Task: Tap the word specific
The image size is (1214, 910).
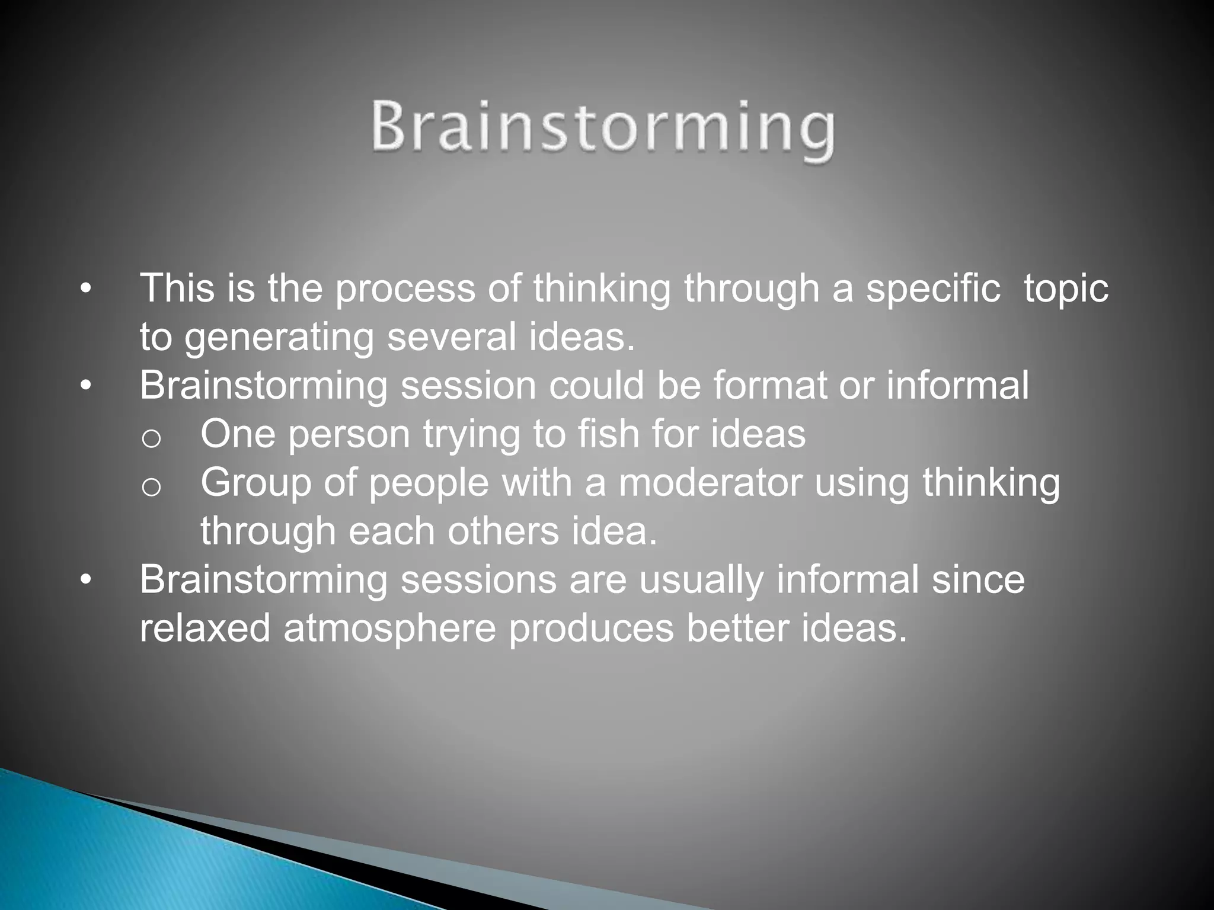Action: coord(933,289)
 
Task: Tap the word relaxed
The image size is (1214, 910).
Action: coord(205,628)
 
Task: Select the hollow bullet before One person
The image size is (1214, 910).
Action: coord(151,438)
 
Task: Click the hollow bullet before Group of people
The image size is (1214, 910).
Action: coord(151,487)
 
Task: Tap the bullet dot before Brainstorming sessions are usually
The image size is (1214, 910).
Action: coord(86,581)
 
